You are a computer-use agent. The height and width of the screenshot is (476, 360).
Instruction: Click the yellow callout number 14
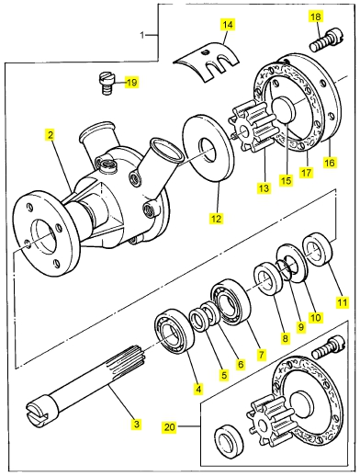point(228,25)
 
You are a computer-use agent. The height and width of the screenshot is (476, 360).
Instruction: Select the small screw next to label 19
point(107,84)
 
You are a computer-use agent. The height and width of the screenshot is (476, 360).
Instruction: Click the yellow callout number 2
point(51,135)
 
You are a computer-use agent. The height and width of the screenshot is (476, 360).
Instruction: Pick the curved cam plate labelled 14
point(206,62)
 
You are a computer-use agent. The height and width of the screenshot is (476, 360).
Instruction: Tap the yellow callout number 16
point(330,162)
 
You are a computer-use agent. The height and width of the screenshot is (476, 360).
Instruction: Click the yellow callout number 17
point(307,173)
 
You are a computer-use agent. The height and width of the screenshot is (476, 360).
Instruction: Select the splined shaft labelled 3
point(85,389)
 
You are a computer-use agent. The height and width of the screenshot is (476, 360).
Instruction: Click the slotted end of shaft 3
point(38,414)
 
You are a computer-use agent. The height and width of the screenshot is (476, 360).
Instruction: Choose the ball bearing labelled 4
point(174,332)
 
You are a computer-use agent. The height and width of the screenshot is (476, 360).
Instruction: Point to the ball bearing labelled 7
point(231,300)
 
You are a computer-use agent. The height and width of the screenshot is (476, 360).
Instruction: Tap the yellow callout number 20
point(170,427)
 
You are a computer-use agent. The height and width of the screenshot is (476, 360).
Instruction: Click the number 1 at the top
point(141,36)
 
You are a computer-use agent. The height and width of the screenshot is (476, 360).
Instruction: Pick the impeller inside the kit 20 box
point(270,420)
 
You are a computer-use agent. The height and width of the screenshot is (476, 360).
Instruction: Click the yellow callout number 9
point(301,327)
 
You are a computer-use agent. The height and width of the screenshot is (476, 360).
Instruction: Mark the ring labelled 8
point(267,279)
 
